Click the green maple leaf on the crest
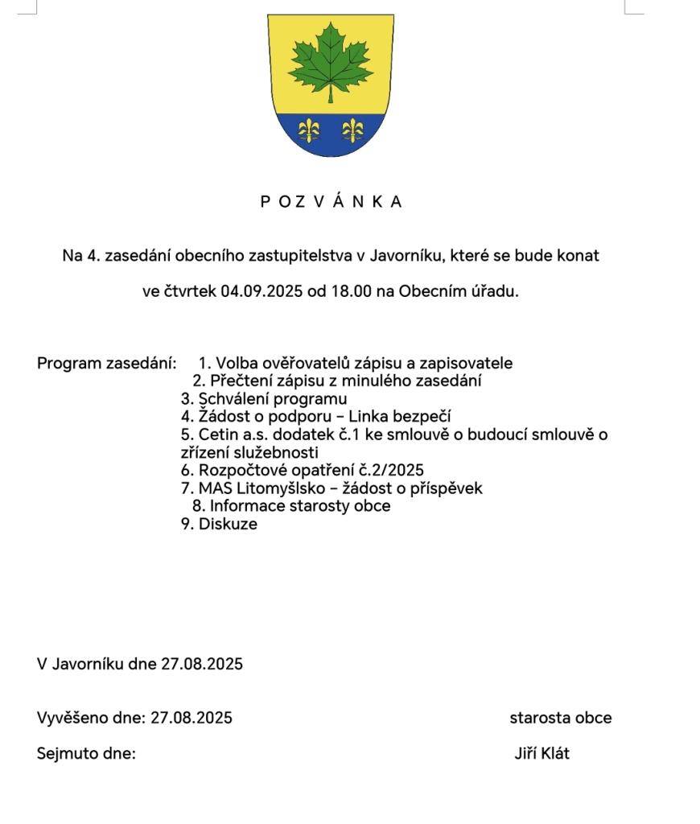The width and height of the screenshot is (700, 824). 330,60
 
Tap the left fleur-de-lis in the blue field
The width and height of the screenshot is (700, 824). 309,129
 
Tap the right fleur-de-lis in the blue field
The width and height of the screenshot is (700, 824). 352,129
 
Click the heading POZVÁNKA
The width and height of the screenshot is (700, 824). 331,202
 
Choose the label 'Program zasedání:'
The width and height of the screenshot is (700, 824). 106,363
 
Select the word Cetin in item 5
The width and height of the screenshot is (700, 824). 218,435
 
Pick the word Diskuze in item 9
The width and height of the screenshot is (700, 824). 229,525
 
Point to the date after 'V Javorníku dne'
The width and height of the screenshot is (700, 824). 202,664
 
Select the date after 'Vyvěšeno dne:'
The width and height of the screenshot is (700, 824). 191,718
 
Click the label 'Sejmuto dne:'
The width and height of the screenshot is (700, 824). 86,754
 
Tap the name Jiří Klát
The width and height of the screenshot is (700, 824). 541,754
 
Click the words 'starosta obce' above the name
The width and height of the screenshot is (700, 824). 560,718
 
